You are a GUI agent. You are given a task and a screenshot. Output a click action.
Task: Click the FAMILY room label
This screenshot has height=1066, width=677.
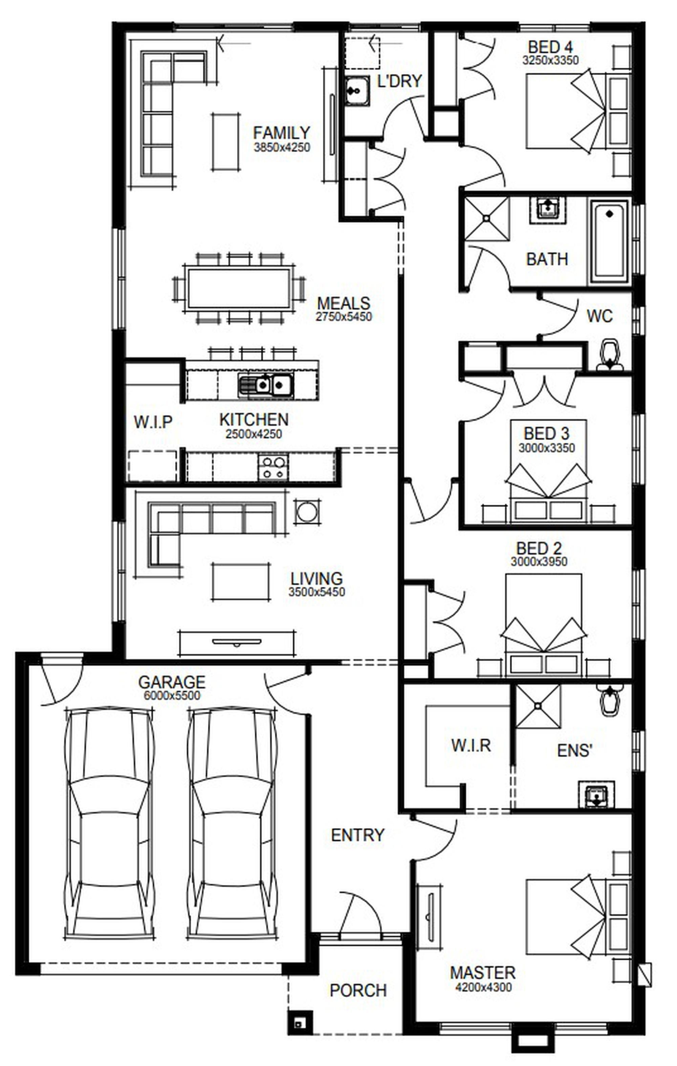[282, 132]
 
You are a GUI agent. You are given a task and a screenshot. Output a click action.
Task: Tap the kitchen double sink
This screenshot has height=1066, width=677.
[265, 384]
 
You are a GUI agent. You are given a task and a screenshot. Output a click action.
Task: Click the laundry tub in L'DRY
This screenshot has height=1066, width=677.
[357, 91]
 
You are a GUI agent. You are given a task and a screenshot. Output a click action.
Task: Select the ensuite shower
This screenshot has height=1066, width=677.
[538, 706]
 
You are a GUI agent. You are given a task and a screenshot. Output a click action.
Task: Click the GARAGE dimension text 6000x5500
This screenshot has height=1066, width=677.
[172, 695]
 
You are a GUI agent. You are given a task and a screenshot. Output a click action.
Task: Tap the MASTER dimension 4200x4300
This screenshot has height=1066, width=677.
[483, 987]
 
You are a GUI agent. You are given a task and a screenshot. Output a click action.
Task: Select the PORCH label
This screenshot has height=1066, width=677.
[358, 990]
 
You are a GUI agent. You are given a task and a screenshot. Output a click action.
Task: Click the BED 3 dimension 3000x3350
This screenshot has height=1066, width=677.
[546, 448]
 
